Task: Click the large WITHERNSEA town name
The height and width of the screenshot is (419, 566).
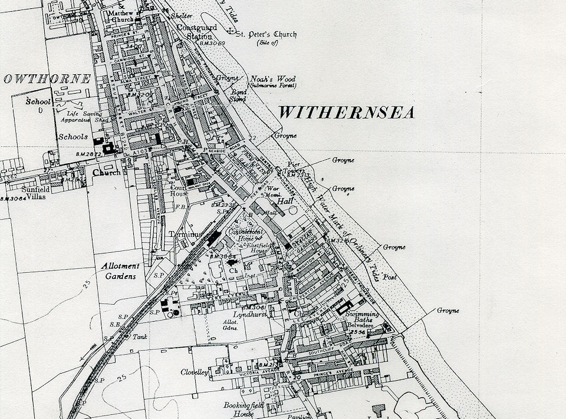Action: (x=346, y=113)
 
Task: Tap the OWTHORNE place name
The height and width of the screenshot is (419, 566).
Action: (x=47, y=79)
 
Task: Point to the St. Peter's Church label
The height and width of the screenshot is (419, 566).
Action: (x=266, y=35)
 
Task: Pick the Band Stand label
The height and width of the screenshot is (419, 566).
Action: (x=238, y=95)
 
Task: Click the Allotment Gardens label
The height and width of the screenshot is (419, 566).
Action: (x=119, y=271)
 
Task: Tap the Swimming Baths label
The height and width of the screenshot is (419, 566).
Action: (x=363, y=315)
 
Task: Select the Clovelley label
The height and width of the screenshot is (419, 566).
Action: (x=195, y=372)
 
